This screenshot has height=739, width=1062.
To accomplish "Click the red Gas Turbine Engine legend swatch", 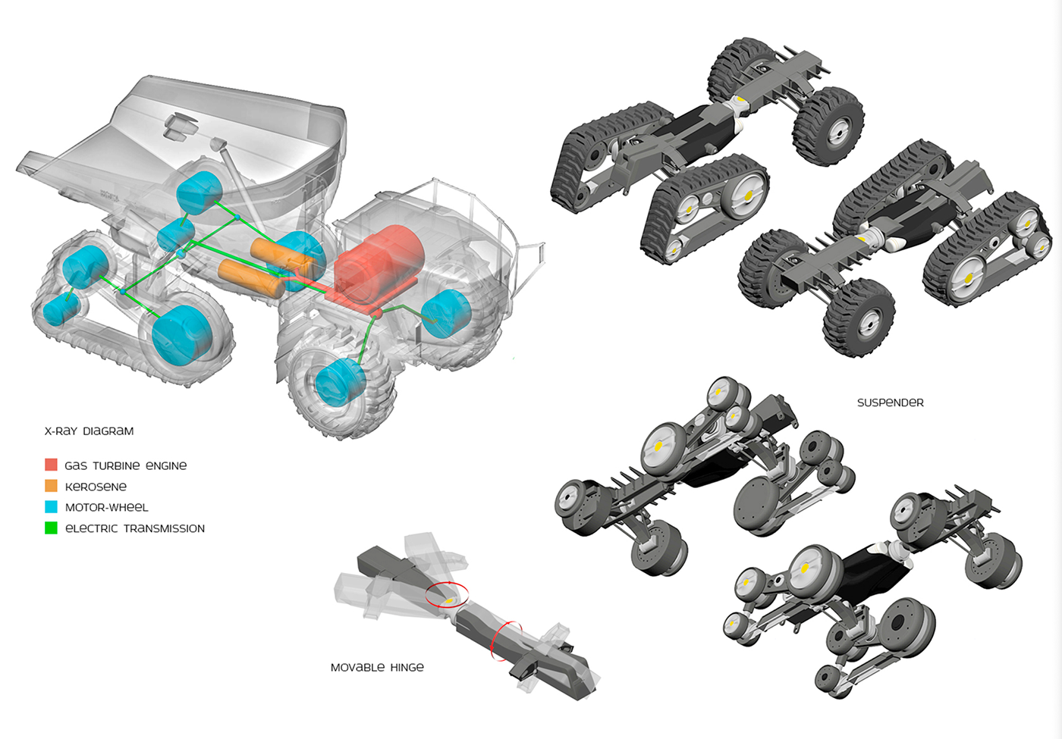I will (x=51, y=465).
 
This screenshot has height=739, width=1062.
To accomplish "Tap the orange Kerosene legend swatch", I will (x=51, y=486).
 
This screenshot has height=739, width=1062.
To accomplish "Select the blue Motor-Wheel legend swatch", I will (x=51, y=507).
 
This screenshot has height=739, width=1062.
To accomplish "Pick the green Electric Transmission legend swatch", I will (x=51, y=528).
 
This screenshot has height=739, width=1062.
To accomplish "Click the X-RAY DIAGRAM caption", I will (x=89, y=431).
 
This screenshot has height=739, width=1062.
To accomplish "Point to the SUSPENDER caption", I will (x=890, y=402).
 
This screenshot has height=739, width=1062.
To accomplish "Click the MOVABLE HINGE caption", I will (x=377, y=668).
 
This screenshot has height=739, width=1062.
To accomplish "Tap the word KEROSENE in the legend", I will (x=96, y=487).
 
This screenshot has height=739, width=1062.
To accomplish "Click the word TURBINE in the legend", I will (x=116, y=465).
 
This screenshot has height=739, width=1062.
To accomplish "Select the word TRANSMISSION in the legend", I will (x=164, y=528).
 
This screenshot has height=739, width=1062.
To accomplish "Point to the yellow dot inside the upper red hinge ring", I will (x=449, y=600).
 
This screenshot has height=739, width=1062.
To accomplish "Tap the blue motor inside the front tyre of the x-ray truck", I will (x=339, y=381).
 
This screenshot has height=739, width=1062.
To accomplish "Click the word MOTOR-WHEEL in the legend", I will (x=106, y=507).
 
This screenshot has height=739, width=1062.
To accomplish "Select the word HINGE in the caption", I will (x=407, y=668).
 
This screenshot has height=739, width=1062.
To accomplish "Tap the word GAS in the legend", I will (x=76, y=465).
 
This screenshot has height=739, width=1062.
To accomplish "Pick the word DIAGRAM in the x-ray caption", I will (x=108, y=431).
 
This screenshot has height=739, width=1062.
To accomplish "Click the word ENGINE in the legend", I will (x=166, y=465).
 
